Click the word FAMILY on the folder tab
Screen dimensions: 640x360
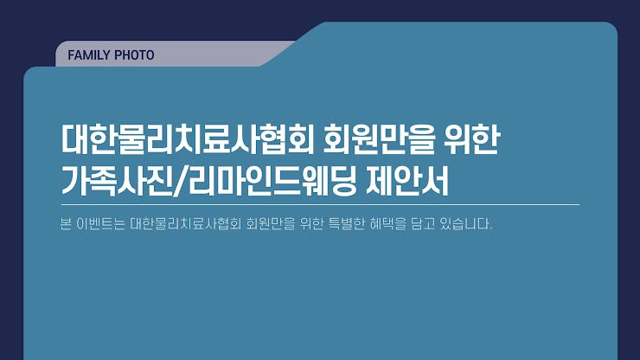[x=89, y=55]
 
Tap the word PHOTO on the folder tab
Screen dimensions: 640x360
[x=134, y=55]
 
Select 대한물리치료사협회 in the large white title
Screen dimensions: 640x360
[x=187, y=139]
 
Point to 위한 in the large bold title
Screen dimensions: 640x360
[x=472, y=139]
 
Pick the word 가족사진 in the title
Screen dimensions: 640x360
[x=117, y=181]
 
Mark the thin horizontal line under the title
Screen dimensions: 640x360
[x=320, y=204]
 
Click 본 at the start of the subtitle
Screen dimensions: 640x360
[x=66, y=224]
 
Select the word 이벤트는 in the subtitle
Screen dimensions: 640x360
[x=100, y=224]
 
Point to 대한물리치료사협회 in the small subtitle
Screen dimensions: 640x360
[x=186, y=224]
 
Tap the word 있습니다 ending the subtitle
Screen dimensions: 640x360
[x=464, y=224]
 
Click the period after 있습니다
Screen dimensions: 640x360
[x=490, y=228]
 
